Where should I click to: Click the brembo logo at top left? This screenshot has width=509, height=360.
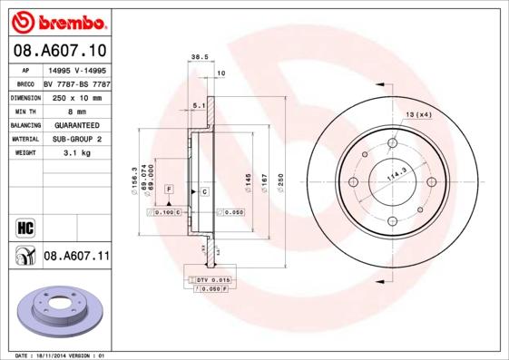pos(56,21)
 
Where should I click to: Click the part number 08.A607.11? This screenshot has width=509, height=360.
pos(76,257)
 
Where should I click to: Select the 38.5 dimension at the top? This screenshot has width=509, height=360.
pos(194,56)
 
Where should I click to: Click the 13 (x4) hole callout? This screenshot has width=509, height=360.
pos(418,114)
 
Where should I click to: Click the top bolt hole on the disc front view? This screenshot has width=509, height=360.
pos(392,143)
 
